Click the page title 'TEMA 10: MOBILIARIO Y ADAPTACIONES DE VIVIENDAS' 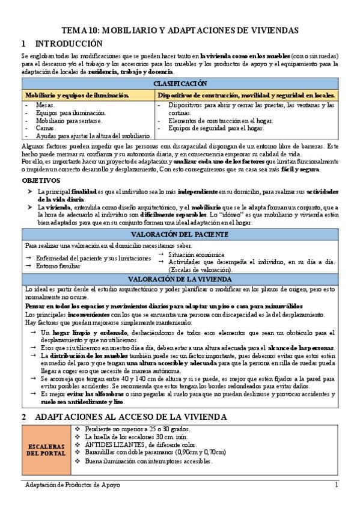tap(180, 31)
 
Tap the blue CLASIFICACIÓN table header tap(180, 83)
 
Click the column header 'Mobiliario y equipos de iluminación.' tap(76, 95)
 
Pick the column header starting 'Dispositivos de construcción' tap(246, 95)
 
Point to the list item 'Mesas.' tap(46, 105)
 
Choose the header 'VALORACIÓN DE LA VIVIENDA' tap(180, 278)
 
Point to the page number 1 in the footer tap(337, 485)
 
